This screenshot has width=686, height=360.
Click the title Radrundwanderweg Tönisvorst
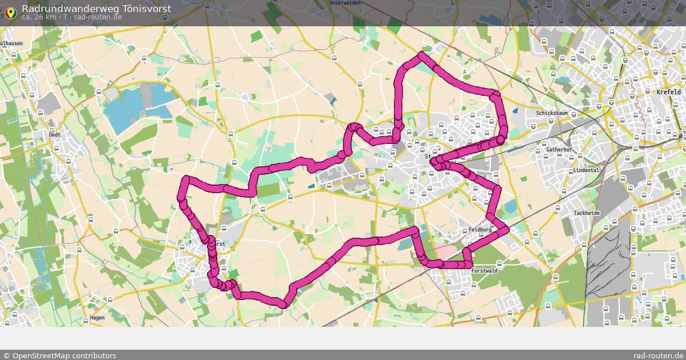(96, 8)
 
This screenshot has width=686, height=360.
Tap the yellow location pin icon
(10, 11)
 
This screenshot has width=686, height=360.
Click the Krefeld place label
(668, 92)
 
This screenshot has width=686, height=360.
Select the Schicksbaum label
(552, 113)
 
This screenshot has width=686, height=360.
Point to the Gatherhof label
(559, 150)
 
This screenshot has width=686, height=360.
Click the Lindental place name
(586, 170)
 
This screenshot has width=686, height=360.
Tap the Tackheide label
(587, 213)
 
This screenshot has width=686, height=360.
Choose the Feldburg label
(480, 230)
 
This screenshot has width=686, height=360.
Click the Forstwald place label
(485, 271)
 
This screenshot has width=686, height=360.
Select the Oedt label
(55, 135)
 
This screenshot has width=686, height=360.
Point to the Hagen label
(97, 318)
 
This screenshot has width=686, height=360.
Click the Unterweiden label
(345, 3)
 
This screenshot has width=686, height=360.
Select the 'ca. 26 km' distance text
(39, 17)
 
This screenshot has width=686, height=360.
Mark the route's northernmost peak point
(421, 55)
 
